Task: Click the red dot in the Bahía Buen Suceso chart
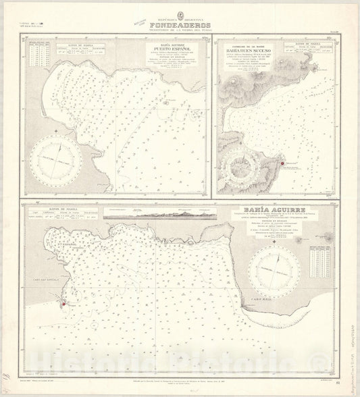tap(276, 164)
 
